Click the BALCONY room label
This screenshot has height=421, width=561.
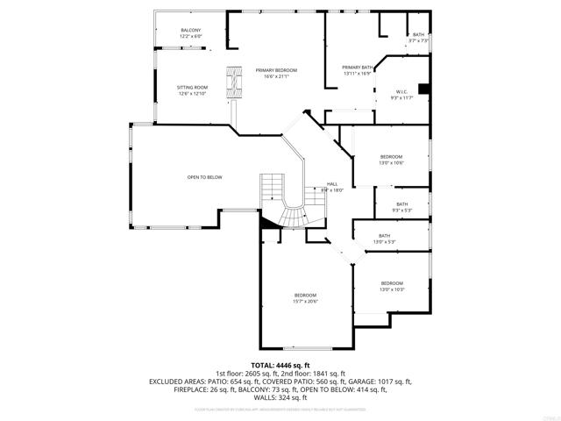coord(191,31)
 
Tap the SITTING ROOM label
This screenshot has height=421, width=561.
coord(191,88)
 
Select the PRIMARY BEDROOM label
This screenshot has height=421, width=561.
coord(276,70)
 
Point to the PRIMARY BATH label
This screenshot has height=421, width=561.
coord(358,67)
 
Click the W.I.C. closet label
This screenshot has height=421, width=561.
coord(401,91)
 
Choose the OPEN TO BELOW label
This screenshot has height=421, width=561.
coord(204,177)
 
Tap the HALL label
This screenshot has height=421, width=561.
coord(308,183)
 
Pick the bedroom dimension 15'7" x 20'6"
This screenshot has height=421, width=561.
coord(305,301)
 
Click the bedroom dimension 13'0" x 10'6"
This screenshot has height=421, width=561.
coord(391,162)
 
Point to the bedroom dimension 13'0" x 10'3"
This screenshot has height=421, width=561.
coord(391,289)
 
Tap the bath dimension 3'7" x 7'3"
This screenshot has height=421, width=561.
coord(418,40)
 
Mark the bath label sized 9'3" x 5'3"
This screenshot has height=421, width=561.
coord(401,204)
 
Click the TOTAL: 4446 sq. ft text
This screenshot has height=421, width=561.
coord(280,365)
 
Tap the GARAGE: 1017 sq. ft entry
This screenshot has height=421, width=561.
coord(380,382)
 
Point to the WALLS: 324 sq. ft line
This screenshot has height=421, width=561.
coord(280,398)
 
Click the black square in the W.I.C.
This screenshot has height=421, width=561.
coord(424,88)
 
